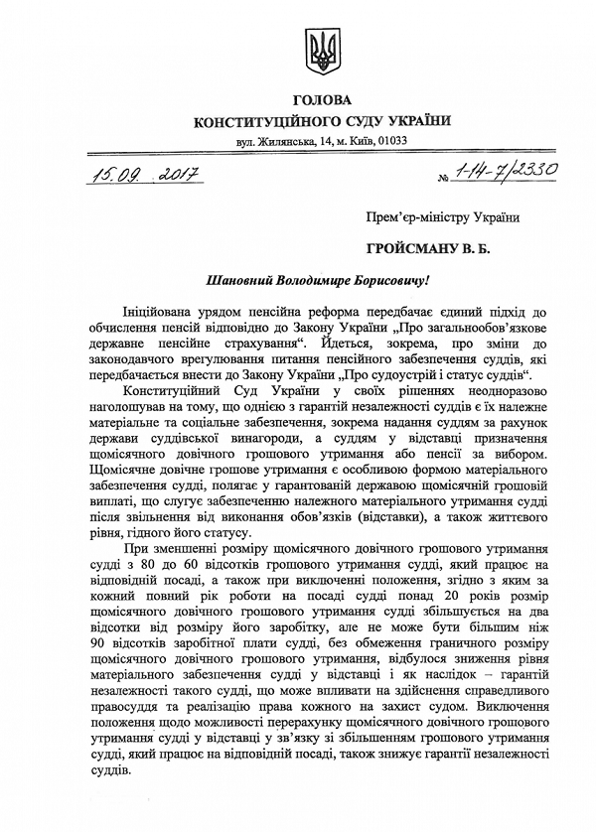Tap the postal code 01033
coord(391,141)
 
